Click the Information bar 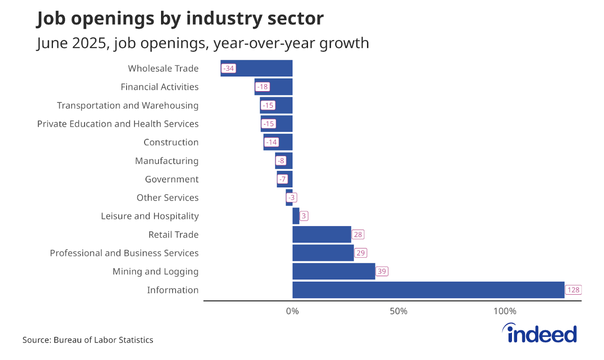428,290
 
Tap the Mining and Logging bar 334,272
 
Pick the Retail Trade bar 322,235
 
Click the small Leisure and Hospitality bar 296,216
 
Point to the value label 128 574,290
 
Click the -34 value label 228,69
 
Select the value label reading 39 382,272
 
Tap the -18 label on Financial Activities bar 262,87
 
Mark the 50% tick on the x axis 399,311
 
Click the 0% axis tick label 292,311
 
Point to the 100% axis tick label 505,311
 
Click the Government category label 172,179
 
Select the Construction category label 171,142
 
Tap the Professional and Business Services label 124,253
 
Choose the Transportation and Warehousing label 128,105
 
